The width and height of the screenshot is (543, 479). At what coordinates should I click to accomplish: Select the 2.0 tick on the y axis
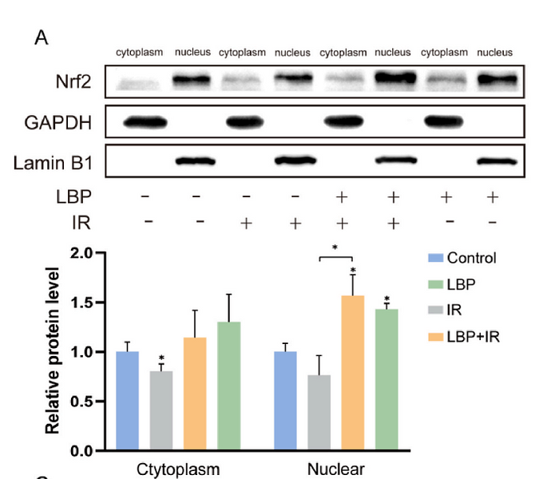pyautogui.click(x=82, y=254)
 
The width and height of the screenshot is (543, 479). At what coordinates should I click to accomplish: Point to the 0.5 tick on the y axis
pyautogui.click(x=82, y=402)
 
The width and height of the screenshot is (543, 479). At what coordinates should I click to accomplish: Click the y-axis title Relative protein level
pyautogui.click(x=53, y=351)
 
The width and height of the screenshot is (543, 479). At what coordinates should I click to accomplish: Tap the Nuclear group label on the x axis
pyautogui.click(x=335, y=469)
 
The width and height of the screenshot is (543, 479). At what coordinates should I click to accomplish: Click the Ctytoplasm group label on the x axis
pyautogui.click(x=176, y=469)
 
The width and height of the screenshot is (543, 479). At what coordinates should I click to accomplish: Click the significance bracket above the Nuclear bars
pyautogui.click(x=335, y=257)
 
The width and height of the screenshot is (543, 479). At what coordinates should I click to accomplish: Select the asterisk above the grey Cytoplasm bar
pyautogui.click(x=161, y=358)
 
